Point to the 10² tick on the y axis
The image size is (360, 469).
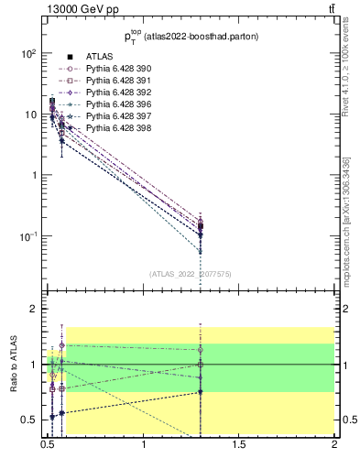(28, 53)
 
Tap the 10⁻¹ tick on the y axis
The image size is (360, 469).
(27, 236)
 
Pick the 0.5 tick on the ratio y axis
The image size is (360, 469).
(29, 420)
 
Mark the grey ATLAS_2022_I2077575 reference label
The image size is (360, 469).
(191, 273)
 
